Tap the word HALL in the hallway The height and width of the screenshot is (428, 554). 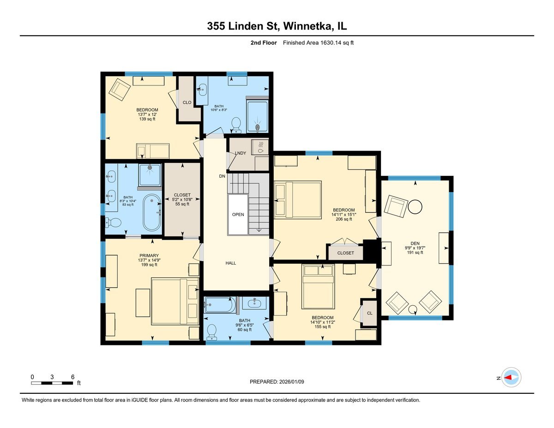click(x=230, y=263)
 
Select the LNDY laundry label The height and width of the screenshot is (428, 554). click(x=240, y=153)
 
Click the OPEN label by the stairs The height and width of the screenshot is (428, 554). click(x=238, y=214)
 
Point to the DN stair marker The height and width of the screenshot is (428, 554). click(x=222, y=176)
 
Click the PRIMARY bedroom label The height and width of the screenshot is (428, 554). click(x=149, y=255)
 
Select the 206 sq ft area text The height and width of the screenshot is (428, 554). click(x=344, y=219)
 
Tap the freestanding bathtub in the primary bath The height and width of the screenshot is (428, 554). click(x=152, y=213)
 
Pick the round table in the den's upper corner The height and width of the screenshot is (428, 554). click(x=415, y=206)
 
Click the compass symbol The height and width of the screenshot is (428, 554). click(x=512, y=377)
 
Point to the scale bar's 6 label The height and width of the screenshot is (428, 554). click(x=72, y=377)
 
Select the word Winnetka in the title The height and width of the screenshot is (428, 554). click(x=307, y=26)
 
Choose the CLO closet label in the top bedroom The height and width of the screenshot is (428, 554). click(x=187, y=102)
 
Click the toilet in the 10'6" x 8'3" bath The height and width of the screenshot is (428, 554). click(x=236, y=123)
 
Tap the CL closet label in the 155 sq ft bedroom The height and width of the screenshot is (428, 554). click(x=370, y=313)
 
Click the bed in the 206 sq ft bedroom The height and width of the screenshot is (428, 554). click(x=298, y=200)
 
